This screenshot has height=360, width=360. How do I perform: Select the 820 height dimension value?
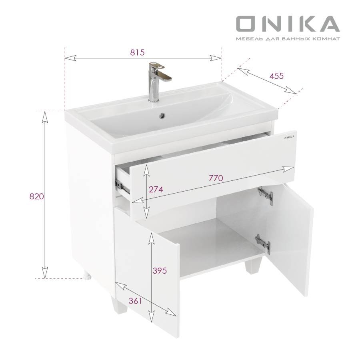coord(36,196)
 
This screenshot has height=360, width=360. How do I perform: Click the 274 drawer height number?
coord(156,190)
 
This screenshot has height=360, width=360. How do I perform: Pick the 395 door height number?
coord(159,270)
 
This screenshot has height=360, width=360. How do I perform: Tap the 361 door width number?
coord(136,301)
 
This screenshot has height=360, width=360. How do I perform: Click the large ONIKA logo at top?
coord(288,24)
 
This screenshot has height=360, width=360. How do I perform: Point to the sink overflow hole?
coord(162,116)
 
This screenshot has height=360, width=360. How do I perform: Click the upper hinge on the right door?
coord(266,196)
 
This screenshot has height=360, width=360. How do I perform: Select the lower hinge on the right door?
coord(263,242)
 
